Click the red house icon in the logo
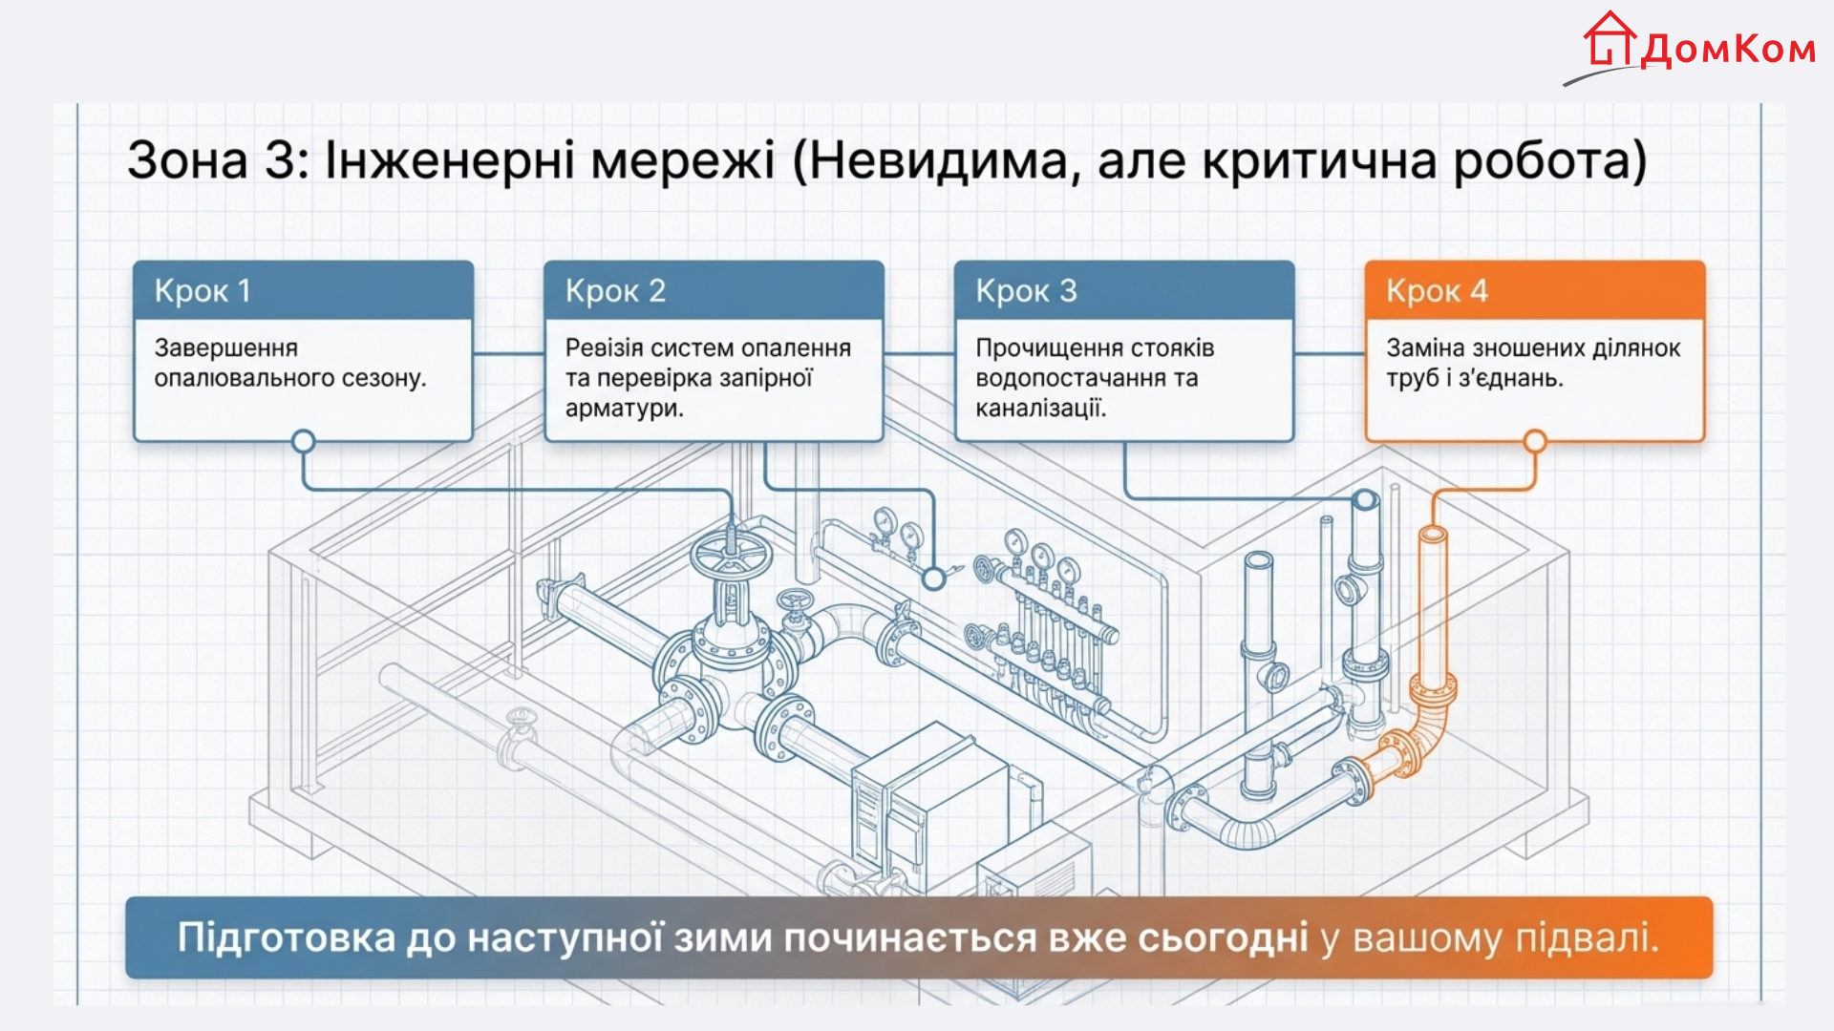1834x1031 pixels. click(x=1610, y=39)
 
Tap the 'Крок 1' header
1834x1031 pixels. click(x=203, y=290)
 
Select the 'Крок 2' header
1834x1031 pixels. click(x=615, y=290)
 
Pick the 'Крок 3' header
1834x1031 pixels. click(x=1026, y=290)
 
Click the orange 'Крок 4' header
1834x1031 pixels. click(x=1437, y=290)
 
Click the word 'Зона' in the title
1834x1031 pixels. click(x=187, y=159)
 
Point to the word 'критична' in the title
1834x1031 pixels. click(x=1319, y=159)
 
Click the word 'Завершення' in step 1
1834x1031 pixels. click(x=226, y=347)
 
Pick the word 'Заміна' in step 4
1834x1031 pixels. click(x=1420, y=347)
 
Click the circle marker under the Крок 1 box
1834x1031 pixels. click(x=303, y=441)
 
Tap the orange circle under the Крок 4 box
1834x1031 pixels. click(x=1535, y=441)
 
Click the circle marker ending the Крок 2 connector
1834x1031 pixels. click(x=933, y=578)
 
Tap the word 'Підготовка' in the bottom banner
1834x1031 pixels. click(x=287, y=938)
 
